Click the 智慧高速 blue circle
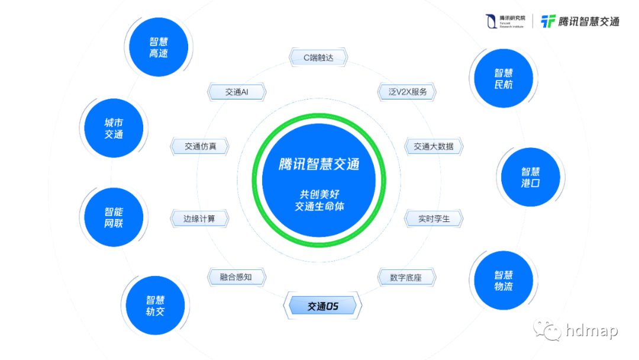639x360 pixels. click(x=159, y=47)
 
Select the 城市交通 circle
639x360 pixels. click(x=114, y=128)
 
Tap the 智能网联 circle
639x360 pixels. click(x=114, y=217)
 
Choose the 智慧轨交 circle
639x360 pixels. click(x=155, y=306)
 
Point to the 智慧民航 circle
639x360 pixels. click(x=504, y=78)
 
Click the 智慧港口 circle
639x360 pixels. click(x=530, y=177)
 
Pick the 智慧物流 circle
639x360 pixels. click(x=504, y=281)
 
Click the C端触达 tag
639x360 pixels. click(x=318, y=57)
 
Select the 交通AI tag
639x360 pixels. click(x=237, y=92)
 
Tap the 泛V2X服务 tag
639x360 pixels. click(x=407, y=92)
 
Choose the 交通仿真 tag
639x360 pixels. click(x=199, y=146)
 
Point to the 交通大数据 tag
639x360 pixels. click(x=434, y=146)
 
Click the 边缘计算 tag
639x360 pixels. click(x=199, y=218)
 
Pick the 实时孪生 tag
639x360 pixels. click(x=434, y=218)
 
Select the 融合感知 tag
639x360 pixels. click(x=236, y=277)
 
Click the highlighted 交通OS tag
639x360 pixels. click(x=322, y=306)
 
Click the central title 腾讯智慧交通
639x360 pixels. click(x=319, y=164)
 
